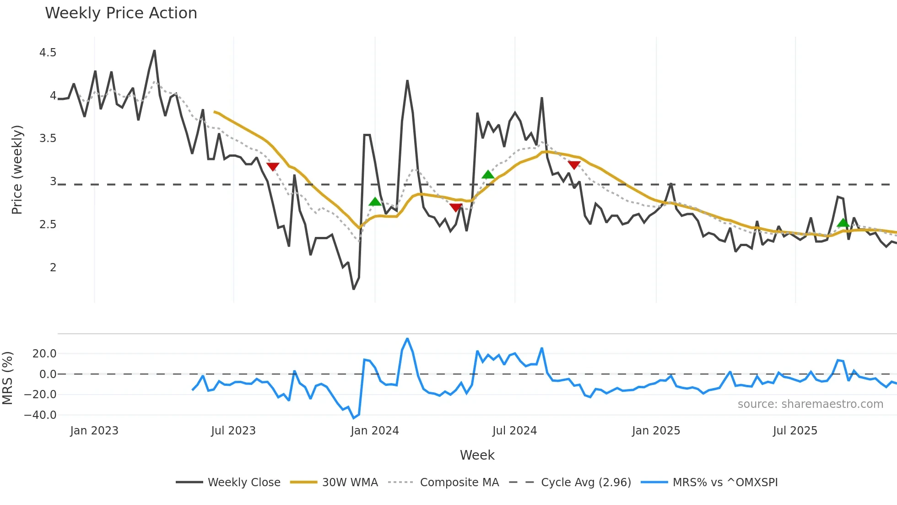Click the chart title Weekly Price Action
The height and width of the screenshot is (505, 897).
pyautogui.click(x=121, y=13)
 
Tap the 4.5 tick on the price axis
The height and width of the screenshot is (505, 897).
pyautogui.click(x=48, y=53)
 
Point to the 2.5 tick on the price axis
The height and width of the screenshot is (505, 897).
pyautogui.click(x=48, y=225)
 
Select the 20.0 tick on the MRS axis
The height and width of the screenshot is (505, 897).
pyautogui.click(x=44, y=354)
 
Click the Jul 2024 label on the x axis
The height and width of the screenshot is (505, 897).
pyautogui.click(x=514, y=431)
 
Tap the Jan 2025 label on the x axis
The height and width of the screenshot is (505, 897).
pyautogui.click(x=656, y=431)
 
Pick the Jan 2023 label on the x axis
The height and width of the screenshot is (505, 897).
pyautogui.click(x=94, y=431)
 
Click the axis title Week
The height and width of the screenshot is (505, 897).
pyautogui.click(x=477, y=455)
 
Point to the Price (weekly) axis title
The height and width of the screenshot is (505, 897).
pyautogui.click(x=17, y=170)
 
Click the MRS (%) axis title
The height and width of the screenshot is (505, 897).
pyautogui.click(x=7, y=378)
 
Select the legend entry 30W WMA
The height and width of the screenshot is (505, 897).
pyautogui.click(x=350, y=482)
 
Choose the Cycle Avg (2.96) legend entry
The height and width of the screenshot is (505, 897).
pyautogui.click(x=586, y=482)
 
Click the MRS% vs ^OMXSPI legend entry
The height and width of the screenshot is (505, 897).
pyautogui.click(x=725, y=482)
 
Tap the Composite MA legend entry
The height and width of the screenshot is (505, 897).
pyautogui.click(x=459, y=482)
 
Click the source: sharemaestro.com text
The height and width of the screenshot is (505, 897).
pyautogui.click(x=810, y=404)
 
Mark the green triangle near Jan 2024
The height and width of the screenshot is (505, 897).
pyautogui.click(x=375, y=202)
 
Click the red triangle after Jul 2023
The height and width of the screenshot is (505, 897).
pyautogui.click(x=273, y=167)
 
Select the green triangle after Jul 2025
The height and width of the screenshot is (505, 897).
pyautogui.click(x=843, y=223)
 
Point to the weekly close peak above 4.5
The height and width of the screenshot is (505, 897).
pyautogui.click(x=154, y=51)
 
